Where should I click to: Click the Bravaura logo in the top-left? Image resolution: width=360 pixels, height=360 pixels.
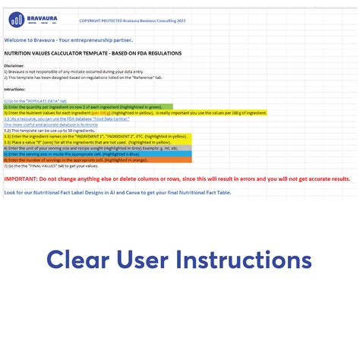point(29,17)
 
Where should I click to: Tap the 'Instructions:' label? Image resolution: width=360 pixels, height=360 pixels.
point(15,89)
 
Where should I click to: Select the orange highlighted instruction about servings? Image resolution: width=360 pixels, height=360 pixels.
point(84,159)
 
